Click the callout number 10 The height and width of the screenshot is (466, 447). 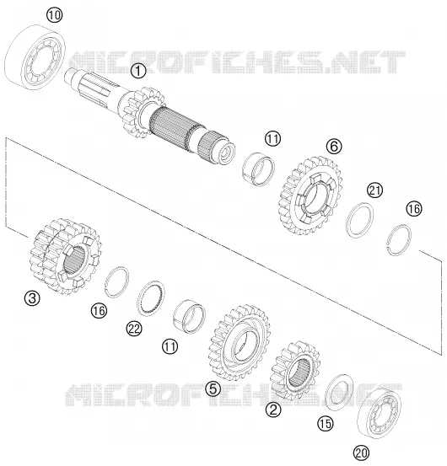click(x=55, y=15)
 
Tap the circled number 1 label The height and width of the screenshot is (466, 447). click(x=138, y=72)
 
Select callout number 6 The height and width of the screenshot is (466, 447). click(x=334, y=147)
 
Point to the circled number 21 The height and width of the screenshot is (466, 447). click(x=374, y=190)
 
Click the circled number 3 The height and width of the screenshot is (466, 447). click(x=32, y=298)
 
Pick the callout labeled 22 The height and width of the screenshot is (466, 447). click(x=134, y=329)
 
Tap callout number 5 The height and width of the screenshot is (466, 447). click(x=213, y=388)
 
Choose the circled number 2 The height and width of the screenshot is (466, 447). click(x=273, y=410)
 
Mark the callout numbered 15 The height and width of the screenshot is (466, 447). click(x=326, y=424)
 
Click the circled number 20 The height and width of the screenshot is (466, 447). click(x=361, y=453)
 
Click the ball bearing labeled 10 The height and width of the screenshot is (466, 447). click(x=35, y=57)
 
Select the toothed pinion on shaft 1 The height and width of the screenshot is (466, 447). click(x=143, y=113)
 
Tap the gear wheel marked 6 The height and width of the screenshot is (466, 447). click(x=310, y=195)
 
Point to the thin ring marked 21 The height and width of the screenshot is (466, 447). click(x=360, y=220)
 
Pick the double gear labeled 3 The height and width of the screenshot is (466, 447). click(x=66, y=256)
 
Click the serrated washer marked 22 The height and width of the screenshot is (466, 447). click(x=151, y=298)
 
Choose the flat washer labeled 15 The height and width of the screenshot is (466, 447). click(x=339, y=393)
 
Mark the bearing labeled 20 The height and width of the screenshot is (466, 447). click(x=380, y=413)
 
